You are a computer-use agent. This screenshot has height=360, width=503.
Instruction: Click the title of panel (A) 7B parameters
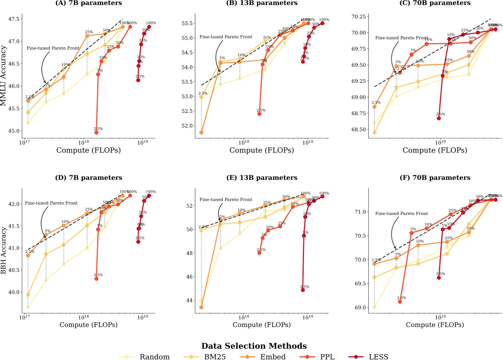pyautogui.click(x=88, y=3)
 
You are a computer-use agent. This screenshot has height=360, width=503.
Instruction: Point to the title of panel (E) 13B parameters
pyautogui.click(x=261, y=178)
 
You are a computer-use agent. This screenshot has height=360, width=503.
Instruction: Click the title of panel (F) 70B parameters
pyautogui.click(x=435, y=178)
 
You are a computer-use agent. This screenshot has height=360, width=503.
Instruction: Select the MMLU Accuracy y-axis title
pyautogui.click(x=4, y=75)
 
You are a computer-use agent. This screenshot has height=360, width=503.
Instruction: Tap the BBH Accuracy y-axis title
pyautogui.click(x=4, y=250)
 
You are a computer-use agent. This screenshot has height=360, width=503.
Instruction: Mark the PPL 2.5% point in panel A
pyautogui.click(x=97, y=132)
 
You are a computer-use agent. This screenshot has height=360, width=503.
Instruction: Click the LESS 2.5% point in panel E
pyautogui.click(x=303, y=290)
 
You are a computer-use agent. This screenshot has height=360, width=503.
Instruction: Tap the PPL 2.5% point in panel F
pyautogui.click(x=400, y=302)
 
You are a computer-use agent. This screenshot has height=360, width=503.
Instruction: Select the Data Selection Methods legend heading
pyautogui.click(x=254, y=346)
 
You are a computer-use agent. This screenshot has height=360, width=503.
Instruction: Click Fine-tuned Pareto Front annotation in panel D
pyautogui.click(x=51, y=203)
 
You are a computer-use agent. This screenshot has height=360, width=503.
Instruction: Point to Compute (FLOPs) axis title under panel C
pyautogui.click(x=435, y=150)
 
